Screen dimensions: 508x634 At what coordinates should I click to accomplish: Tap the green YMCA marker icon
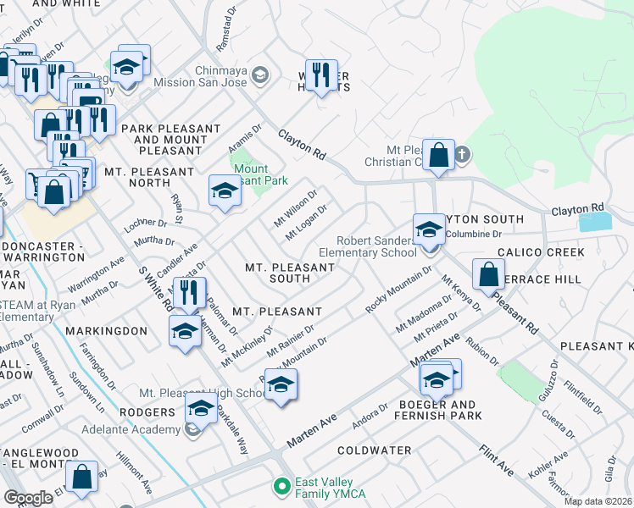tap(281, 486)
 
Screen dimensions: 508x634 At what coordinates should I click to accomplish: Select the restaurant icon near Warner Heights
tap(321, 75)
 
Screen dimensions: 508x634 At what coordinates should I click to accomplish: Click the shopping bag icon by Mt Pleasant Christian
tap(438, 155)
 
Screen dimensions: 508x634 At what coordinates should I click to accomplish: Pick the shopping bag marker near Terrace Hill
tap(489, 273)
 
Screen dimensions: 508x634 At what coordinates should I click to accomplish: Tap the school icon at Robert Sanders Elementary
tap(429, 229)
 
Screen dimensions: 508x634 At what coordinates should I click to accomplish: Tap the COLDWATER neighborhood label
tap(375, 450)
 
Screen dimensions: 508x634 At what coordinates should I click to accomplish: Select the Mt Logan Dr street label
tap(307, 220)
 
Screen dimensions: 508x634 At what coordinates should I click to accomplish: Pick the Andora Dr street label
tap(370, 413)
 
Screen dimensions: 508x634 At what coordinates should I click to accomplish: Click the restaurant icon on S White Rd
tap(190, 293)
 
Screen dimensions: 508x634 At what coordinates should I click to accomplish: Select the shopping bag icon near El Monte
tap(82, 478)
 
